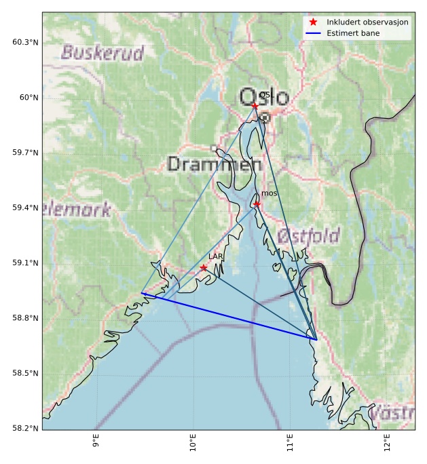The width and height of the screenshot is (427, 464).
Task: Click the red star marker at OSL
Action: pyautogui.click(x=255, y=106)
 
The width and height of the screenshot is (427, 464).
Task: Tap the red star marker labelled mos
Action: pyautogui.click(x=257, y=204)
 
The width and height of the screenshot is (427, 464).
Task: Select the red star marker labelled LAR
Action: pyautogui.click(x=204, y=268)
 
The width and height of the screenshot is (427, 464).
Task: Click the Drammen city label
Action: pyautogui.click(x=214, y=164)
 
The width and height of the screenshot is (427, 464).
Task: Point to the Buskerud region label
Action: pyautogui.click(x=103, y=53)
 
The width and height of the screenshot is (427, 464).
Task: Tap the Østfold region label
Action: pyautogui.click(x=308, y=236)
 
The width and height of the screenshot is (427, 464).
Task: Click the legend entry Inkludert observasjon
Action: pyautogui.click(x=367, y=22)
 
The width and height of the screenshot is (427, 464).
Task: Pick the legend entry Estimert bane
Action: pyautogui.click(x=353, y=33)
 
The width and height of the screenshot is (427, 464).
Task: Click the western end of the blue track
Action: pyautogui.click(x=141, y=293)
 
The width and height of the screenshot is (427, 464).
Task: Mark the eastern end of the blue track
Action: pyautogui.click(x=317, y=339)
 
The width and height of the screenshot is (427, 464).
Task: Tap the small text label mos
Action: pyautogui.click(x=270, y=194)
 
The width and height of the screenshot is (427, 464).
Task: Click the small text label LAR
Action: pyautogui.click(x=216, y=256)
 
